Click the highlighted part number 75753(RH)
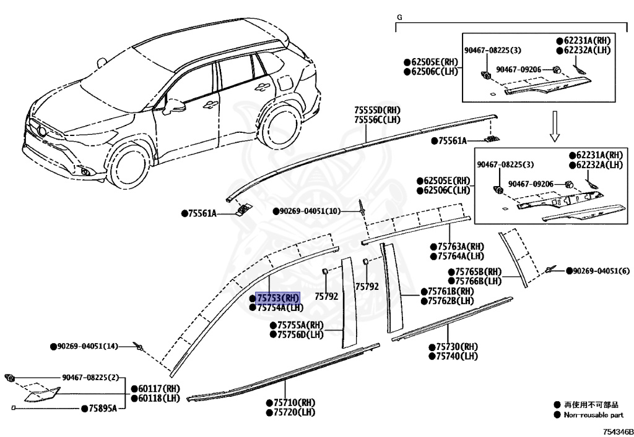coord(278,298)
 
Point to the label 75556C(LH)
coord(377,119)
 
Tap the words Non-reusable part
coord(593,415)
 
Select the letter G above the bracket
coord(399,17)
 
